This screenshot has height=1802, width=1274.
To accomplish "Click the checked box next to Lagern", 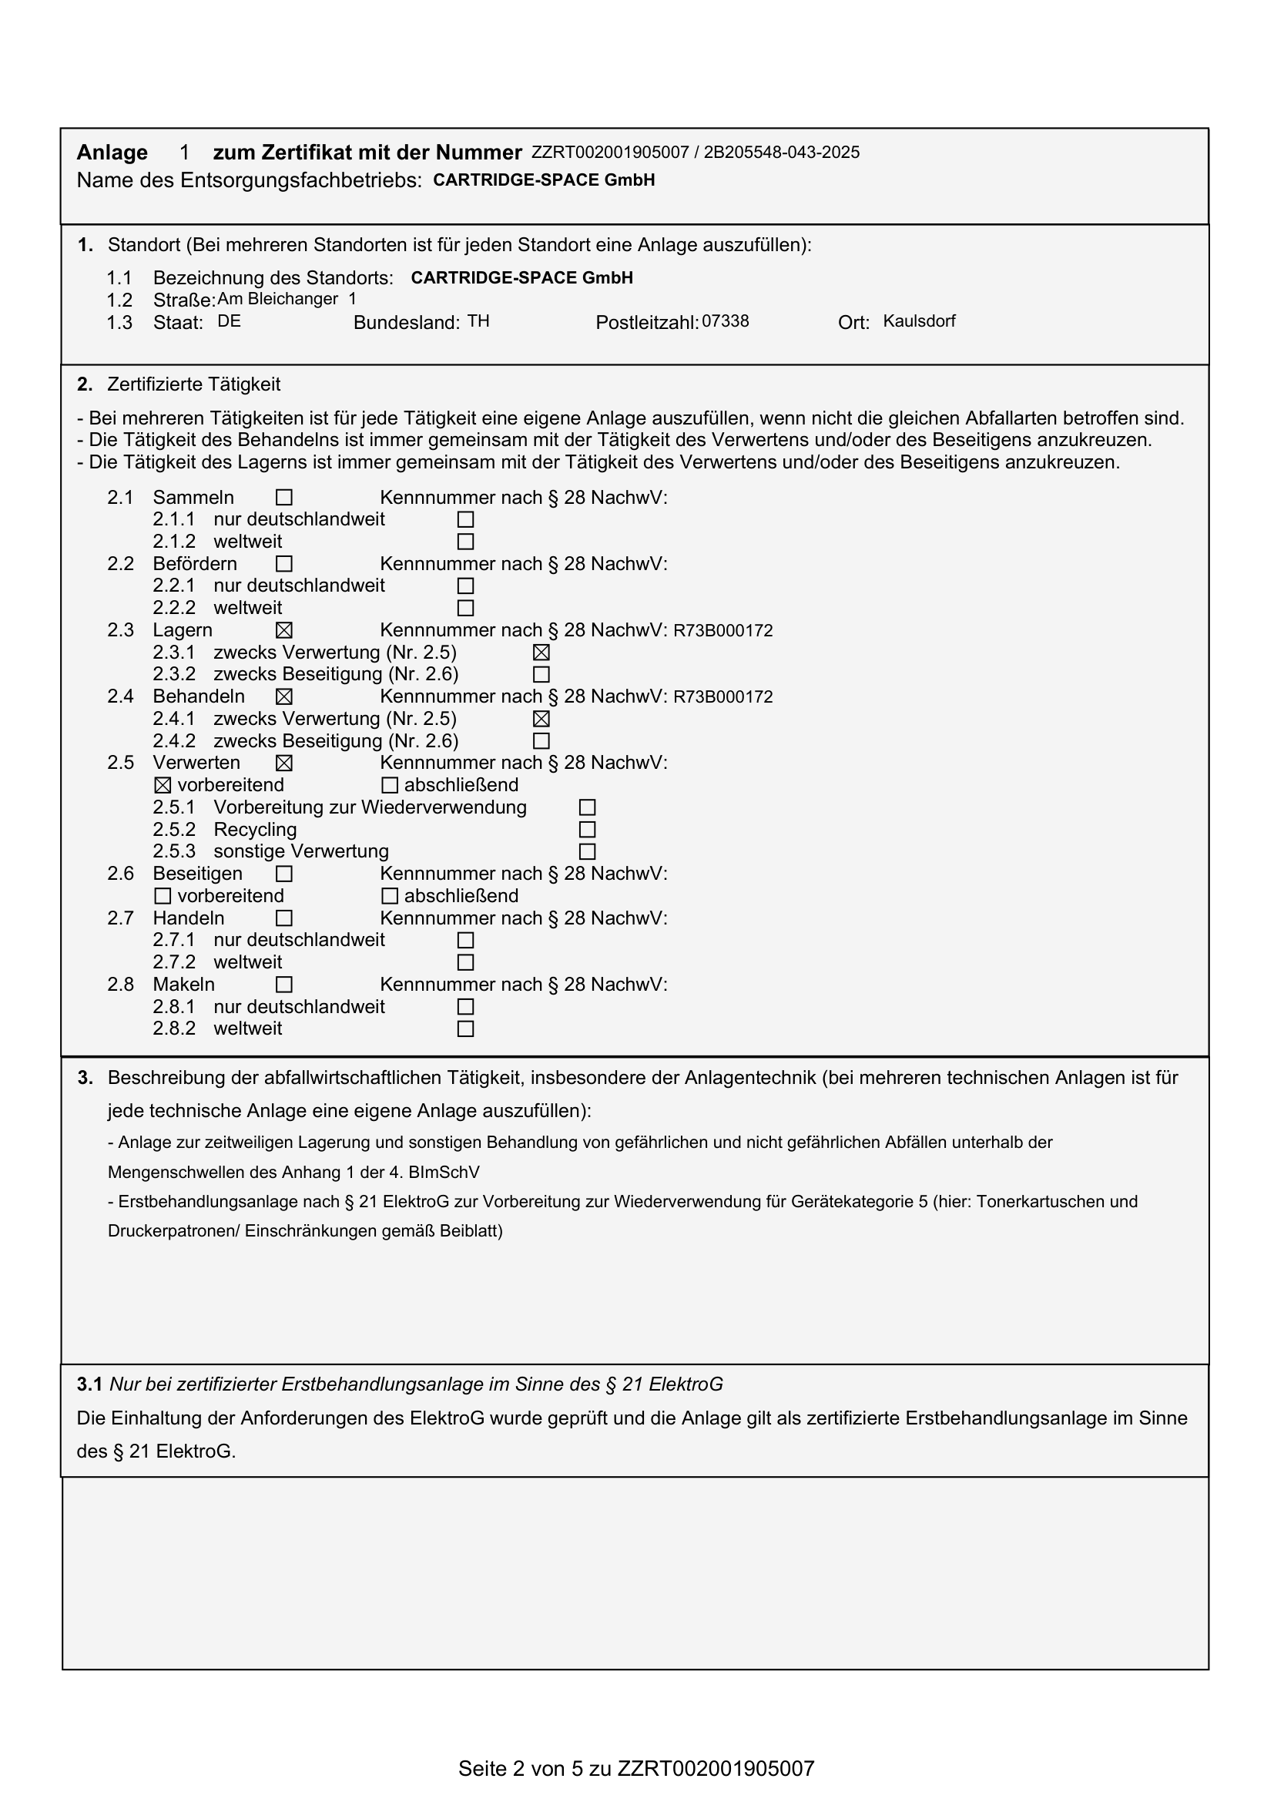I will tap(284, 630).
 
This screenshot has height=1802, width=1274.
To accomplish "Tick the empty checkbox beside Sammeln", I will tap(284, 498).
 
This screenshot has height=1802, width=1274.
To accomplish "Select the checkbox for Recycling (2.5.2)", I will tap(587, 830).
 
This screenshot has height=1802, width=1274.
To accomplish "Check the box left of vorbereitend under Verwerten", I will tap(163, 786).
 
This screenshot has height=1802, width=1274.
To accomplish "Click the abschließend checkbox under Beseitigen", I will tap(389, 896).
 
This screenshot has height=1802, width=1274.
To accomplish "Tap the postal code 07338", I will tap(725, 321).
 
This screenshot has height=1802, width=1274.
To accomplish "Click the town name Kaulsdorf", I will tap(919, 321).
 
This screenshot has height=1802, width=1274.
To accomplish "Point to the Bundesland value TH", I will tap(478, 321).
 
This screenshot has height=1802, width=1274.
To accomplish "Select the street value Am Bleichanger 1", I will tap(287, 299).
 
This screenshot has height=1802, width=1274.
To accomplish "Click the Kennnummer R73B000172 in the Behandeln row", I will tap(722, 697).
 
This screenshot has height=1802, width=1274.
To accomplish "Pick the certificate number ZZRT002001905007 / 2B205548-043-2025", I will tap(695, 153).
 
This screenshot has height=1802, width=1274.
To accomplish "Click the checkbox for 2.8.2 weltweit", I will tap(465, 1029).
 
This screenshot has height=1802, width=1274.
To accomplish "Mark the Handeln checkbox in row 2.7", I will tap(284, 918).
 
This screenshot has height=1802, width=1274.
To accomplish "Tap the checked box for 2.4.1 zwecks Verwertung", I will tap(541, 719).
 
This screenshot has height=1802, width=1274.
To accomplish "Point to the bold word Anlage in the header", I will tap(112, 153).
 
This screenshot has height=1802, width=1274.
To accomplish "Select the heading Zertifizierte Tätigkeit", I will tap(194, 384).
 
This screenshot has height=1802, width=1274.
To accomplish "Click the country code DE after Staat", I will tap(229, 321).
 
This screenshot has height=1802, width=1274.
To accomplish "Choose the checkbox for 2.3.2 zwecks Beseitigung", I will tap(541, 675).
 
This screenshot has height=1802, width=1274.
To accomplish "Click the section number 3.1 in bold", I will tap(89, 1384).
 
